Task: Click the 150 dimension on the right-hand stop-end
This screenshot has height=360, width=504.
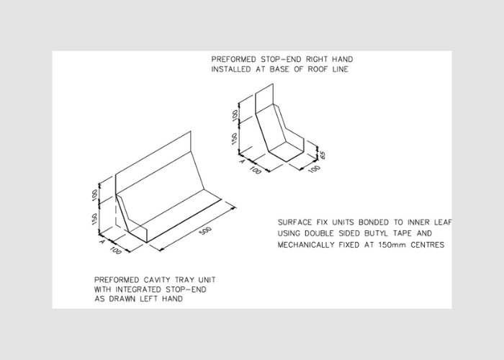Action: click(x=235, y=138)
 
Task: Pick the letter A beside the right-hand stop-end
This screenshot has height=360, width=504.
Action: click(x=240, y=161)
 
